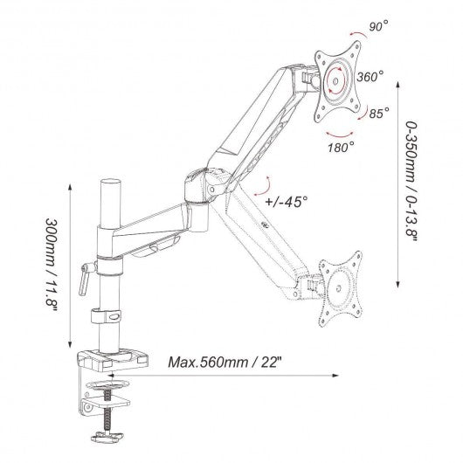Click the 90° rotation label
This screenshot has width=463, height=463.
[378, 26]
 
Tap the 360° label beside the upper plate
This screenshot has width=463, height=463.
[370, 77]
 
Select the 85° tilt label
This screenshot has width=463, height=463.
[379, 113]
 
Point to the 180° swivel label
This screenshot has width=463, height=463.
[341, 147]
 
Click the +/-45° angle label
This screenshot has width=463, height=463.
[287, 202]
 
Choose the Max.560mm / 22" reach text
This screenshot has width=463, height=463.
[225, 362]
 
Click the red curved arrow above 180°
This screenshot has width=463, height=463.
[340, 135]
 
